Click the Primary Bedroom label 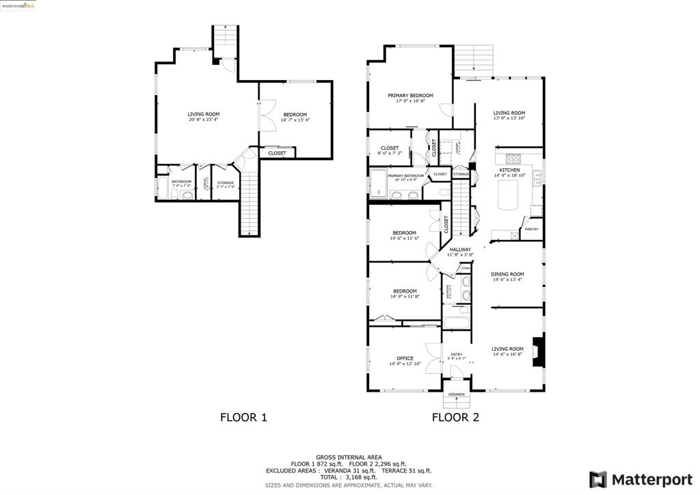[x=410, y=96]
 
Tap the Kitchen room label [x=509, y=170]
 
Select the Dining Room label [x=507, y=274]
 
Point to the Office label [x=405, y=358]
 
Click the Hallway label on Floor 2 [x=460, y=250]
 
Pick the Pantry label [x=531, y=229]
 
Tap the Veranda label [x=456, y=394]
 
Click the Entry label [x=456, y=354]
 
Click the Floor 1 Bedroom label [x=295, y=114]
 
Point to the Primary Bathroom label [x=406, y=176]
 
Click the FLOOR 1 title [x=243, y=417]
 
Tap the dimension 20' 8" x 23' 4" [x=204, y=120]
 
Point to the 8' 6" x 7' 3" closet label [x=390, y=153]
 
